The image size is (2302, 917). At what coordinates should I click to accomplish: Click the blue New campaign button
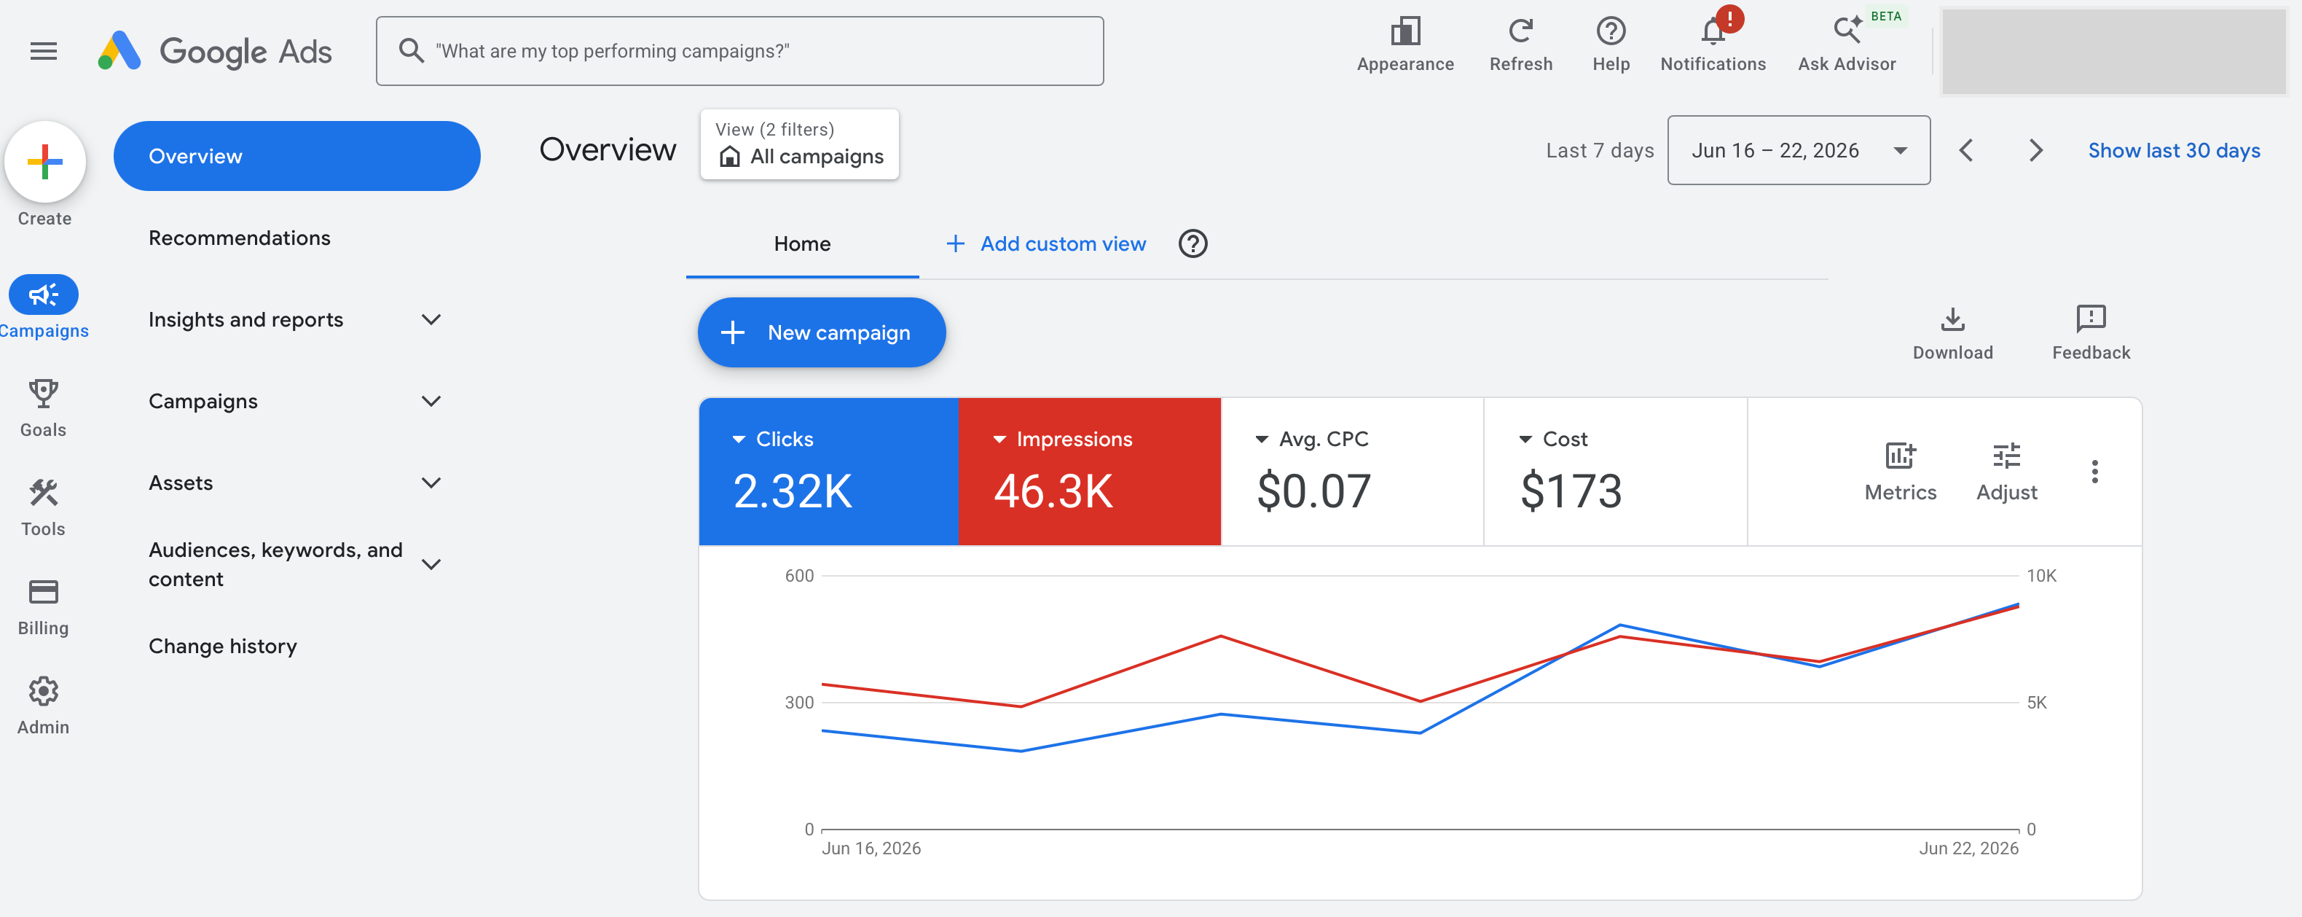(821, 332)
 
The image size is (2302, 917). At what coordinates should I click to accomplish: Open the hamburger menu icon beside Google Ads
(44, 52)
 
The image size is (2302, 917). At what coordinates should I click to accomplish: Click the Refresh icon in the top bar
(1520, 31)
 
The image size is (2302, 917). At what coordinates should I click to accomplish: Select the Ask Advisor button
(1846, 44)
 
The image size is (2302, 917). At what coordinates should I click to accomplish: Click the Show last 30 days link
(2173, 150)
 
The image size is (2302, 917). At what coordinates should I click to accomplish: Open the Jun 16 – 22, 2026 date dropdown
(1798, 150)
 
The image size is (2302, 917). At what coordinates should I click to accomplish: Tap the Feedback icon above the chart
(2090, 318)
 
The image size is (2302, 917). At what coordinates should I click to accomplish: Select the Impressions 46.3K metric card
(1089, 471)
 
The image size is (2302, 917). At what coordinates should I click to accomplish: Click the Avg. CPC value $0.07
(1313, 491)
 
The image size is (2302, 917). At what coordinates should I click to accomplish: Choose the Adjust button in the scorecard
(2006, 471)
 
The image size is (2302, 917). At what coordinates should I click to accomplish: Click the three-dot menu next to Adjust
(2094, 471)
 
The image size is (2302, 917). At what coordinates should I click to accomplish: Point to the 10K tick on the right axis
(2040, 576)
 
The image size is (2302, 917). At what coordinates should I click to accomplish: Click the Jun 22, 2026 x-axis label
(1968, 848)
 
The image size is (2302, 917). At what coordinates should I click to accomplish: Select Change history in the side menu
(222, 646)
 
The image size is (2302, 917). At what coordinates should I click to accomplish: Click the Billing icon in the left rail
(43, 592)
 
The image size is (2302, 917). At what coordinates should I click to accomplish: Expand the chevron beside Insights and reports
(431, 320)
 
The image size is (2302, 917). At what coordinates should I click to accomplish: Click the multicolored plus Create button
(44, 162)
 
